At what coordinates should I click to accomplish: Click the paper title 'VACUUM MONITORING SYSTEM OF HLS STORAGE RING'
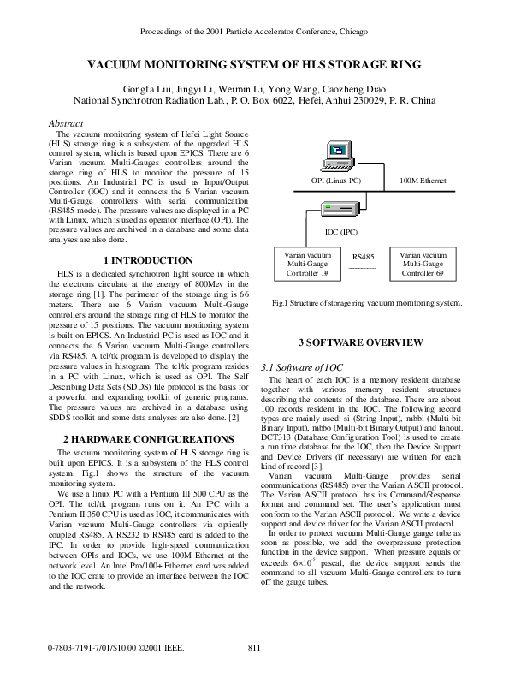pyautogui.click(x=254, y=64)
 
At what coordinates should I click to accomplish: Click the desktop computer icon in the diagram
pyautogui.click(x=330, y=157)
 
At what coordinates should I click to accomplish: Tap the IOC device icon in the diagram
pyautogui.click(x=329, y=210)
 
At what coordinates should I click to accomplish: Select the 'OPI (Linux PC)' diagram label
pyautogui.click(x=336, y=181)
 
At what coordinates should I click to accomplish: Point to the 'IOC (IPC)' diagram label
pyautogui.click(x=341, y=231)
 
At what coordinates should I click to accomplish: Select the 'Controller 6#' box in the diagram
pyautogui.click(x=423, y=264)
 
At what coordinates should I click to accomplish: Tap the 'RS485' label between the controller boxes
pyautogui.click(x=364, y=256)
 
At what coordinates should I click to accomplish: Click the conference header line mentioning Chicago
pyautogui.click(x=254, y=32)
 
